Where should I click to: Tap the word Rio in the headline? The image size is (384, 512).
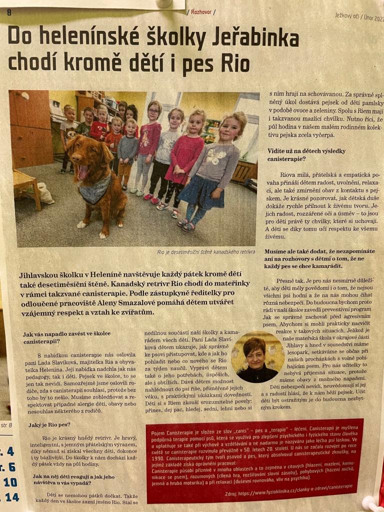tap(230, 64)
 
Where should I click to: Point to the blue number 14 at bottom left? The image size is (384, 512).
tap(10, 497)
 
